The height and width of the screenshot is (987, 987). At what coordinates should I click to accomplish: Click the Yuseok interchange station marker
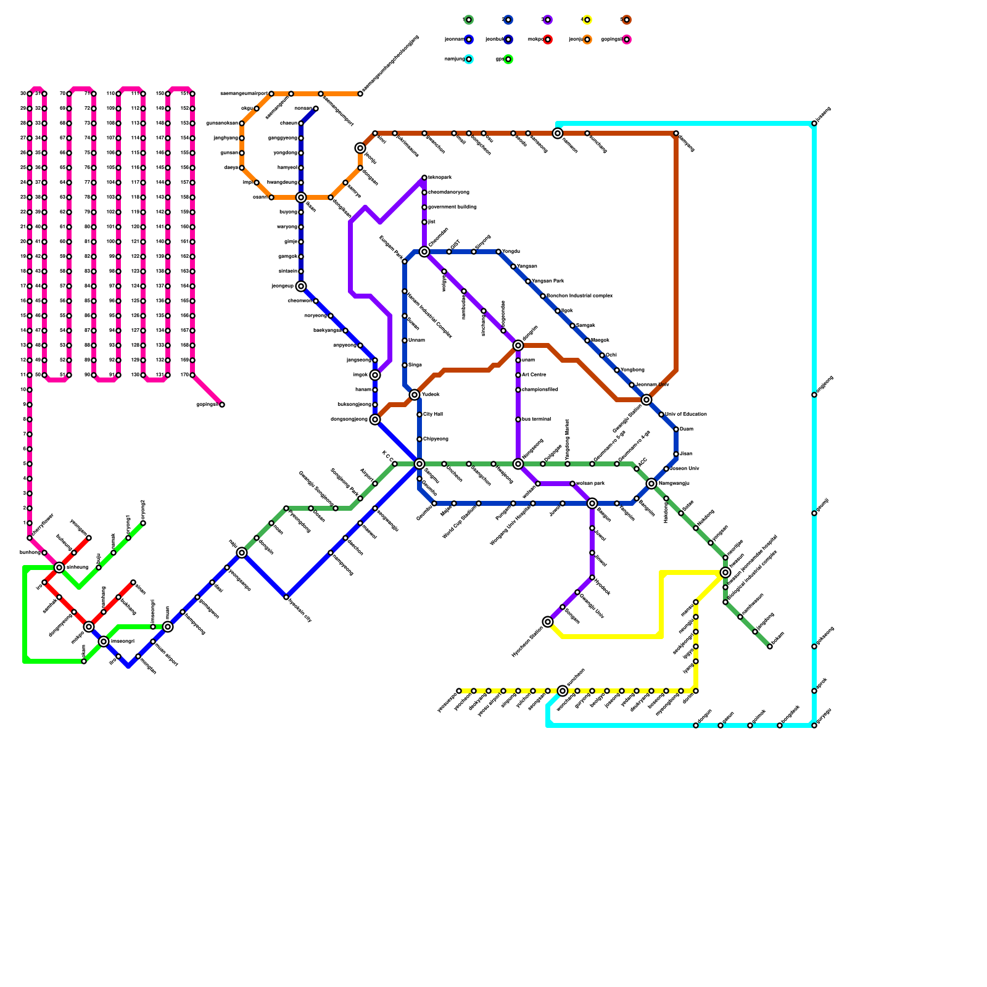[x=415, y=395]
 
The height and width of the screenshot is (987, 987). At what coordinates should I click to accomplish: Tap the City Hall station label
[x=433, y=415]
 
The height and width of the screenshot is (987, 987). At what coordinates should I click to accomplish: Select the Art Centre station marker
[x=518, y=375]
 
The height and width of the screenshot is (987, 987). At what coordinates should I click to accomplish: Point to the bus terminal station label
[x=536, y=419]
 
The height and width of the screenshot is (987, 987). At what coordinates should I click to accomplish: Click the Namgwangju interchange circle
[x=651, y=484]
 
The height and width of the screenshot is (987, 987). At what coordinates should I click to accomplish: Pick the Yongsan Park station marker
[x=528, y=281]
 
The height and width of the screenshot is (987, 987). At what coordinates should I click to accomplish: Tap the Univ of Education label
[x=686, y=415]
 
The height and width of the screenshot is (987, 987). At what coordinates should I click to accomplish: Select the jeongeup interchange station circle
[x=301, y=286]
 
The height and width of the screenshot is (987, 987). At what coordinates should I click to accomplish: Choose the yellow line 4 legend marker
[x=587, y=20]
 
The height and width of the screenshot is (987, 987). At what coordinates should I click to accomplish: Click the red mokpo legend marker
[x=548, y=39]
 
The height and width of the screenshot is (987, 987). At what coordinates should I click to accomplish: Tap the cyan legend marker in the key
[x=469, y=59]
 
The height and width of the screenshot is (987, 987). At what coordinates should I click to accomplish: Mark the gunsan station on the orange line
[x=242, y=153]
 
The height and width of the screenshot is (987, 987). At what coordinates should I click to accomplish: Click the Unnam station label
[x=416, y=341]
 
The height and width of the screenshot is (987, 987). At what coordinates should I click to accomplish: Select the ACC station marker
[x=637, y=469]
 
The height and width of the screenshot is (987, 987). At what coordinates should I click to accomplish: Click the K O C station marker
[x=395, y=464]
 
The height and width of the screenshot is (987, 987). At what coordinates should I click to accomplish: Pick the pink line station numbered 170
[x=192, y=375]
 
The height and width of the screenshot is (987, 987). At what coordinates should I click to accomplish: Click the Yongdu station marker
[x=498, y=252]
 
